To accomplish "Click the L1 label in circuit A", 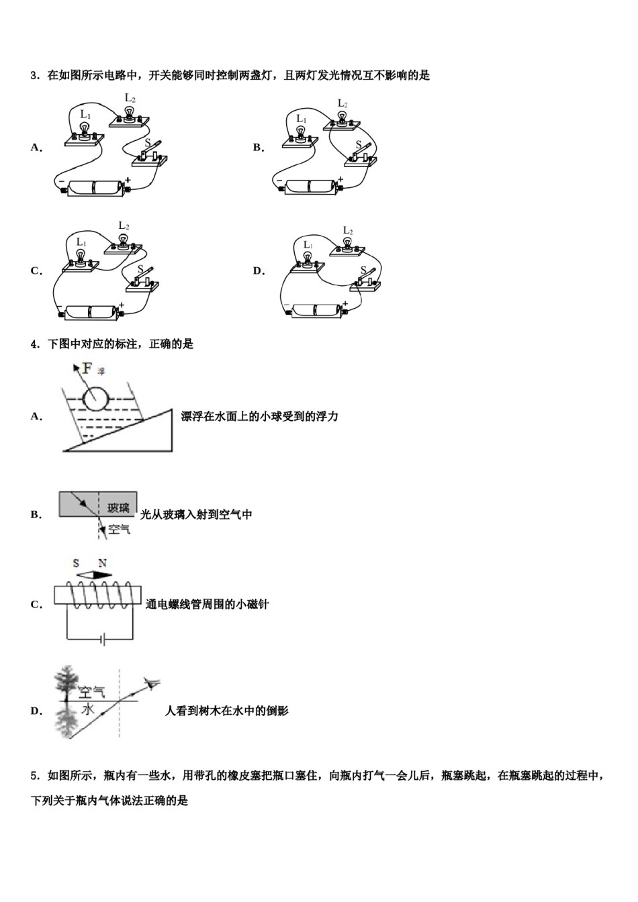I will (x=85, y=115).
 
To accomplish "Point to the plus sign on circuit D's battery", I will (x=346, y=304).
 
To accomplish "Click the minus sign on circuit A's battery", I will (x=60, y=182).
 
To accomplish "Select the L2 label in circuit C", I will (x=124, y=225).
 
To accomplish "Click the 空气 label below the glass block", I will (x=119, y=529).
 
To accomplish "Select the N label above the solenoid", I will (x=102, y=563).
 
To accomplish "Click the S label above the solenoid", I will (x=76, y=563).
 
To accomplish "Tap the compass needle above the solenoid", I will (x=93, y=575).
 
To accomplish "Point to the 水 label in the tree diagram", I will (x=88, y=709).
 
